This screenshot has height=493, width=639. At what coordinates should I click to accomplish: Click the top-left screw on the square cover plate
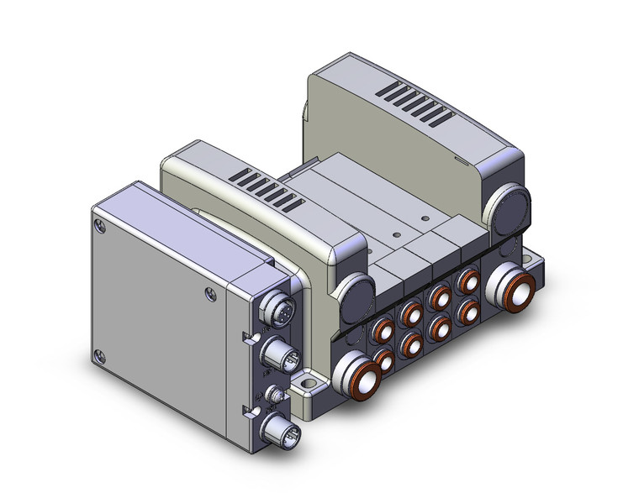101,225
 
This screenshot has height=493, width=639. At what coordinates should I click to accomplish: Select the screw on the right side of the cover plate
209,293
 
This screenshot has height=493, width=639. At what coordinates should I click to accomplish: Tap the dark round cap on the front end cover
358,294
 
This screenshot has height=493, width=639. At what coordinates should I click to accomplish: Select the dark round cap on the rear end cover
511,210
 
